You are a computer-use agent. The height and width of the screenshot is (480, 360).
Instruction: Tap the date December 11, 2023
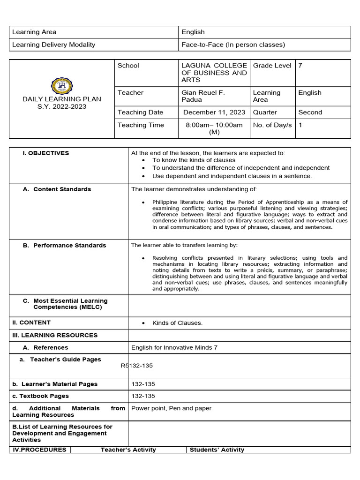(214, 112)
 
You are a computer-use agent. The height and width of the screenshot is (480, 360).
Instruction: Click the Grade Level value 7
(300, 66)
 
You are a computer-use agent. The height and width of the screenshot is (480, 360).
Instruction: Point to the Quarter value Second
(310, 112)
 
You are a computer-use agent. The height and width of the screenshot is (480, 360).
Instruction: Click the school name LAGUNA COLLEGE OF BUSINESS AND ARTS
(214, 73)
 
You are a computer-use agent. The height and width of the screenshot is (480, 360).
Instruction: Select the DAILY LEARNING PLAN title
(62, 99)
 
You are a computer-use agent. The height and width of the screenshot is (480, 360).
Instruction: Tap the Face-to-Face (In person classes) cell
(233, 45)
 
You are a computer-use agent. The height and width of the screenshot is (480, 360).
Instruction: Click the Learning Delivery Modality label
(53, 45)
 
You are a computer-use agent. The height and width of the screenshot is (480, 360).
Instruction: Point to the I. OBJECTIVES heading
(46, 153)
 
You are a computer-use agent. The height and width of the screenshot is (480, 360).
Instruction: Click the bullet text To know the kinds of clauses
(194, 160)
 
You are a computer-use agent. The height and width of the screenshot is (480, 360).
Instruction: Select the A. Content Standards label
(57, 189)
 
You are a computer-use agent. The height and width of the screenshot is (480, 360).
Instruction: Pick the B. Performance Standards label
(65, 246)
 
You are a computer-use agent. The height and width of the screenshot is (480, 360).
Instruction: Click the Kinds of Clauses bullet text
(177, 323)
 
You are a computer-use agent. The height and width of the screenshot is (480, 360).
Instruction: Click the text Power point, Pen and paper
(171, 408)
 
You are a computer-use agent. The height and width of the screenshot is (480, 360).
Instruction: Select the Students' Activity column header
(217, 450)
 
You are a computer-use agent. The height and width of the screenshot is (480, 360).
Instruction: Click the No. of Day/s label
(272, 125)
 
